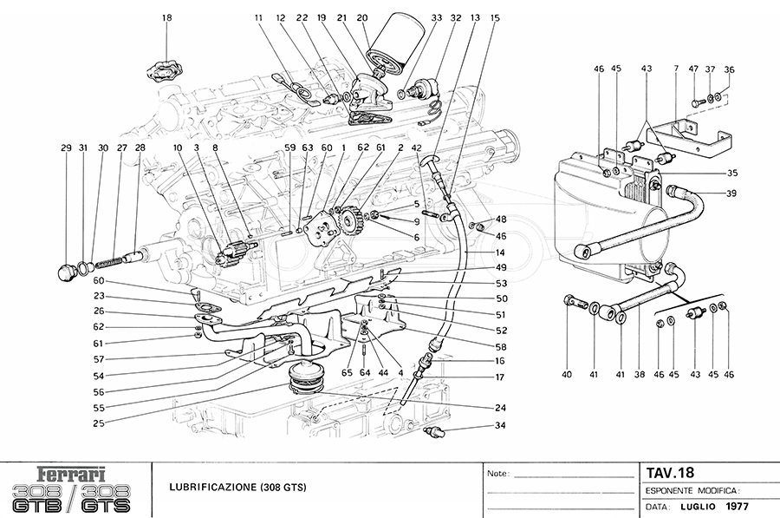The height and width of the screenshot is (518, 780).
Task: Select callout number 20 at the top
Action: point(362,18)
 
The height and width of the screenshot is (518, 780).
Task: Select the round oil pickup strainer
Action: point(304,377)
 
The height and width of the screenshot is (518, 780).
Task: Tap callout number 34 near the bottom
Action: point(500,425)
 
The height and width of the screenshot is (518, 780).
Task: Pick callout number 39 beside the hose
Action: point(731,193)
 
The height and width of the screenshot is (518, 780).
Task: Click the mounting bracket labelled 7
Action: point(689,134)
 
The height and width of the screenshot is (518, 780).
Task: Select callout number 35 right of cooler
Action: point(731,174)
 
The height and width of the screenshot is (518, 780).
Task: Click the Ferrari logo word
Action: point(72,474)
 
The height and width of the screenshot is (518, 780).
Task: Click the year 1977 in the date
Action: point(737,507)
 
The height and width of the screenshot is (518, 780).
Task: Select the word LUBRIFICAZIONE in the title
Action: point(212,487)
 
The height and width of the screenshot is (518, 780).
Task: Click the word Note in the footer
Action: point(498,474)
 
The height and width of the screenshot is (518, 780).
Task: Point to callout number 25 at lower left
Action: point(99,423)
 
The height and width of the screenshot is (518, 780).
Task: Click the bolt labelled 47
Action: point(697,102)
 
